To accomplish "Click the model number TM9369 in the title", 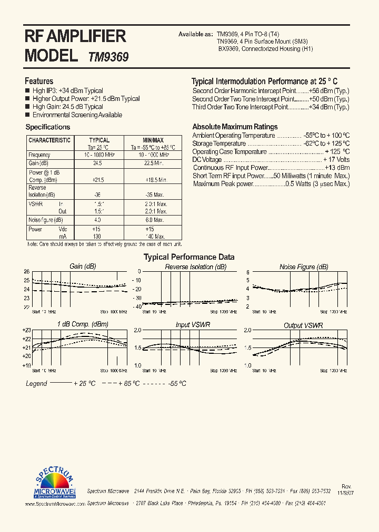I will tap(108, 57).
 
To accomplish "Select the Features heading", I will tap(39, 81).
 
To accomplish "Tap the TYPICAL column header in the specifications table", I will tap(99, 140).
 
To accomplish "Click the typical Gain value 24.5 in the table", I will tap(97, 163).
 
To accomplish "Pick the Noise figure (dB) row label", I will tap(45, 220).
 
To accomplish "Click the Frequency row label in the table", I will tap(39, 155).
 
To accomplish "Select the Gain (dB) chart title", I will tap(83, 267).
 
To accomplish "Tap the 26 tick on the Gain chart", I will tap(26, 272).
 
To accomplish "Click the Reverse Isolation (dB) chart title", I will tap(195, 267).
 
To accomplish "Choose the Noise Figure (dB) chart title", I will tap(304, 267).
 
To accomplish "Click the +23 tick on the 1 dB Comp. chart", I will tap(26, 330).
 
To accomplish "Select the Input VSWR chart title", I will tap(193, 325).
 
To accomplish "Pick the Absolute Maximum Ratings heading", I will tap(235, 127).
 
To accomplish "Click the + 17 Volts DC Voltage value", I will tap(336, 160).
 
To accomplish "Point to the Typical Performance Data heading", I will tap(189, 257).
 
